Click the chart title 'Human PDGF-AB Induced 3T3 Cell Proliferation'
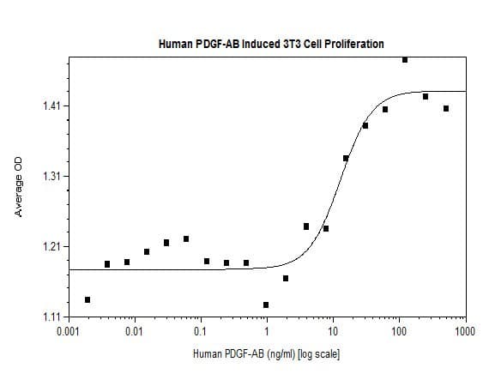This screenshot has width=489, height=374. (x=271, y=43)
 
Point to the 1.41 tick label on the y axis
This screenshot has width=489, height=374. (x=50, y=106)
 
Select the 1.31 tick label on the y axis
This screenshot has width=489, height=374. (x=50, y=177)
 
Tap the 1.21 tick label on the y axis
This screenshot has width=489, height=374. (x=50, y=247)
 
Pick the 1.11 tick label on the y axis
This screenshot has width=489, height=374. (x=50, y=317)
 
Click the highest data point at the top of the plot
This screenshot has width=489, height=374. (x=405, y=60)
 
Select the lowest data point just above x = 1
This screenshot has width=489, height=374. (x=266, y=305)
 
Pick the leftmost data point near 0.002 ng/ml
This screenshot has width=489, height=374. (x=88, y=299)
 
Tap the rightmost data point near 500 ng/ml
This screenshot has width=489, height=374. (x=445, y=108)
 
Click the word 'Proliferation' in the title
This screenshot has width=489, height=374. (x=354, y=43)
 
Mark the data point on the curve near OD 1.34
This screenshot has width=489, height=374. (x=346, y=158)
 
